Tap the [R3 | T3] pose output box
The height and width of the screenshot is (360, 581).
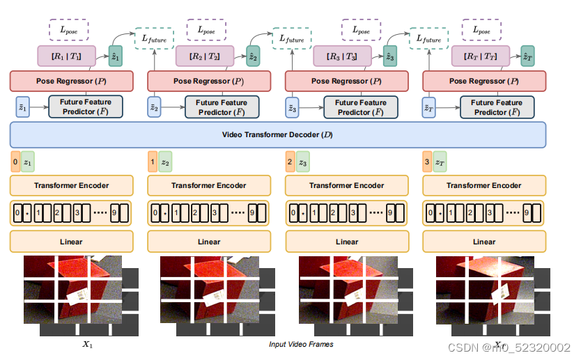pos(344,56)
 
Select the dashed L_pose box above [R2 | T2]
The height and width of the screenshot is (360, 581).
pos(207,30)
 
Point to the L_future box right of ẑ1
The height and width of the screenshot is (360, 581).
pos(155,40)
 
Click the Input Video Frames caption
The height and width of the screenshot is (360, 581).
pos(301,344)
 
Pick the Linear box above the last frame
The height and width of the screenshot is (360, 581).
pos(484,242)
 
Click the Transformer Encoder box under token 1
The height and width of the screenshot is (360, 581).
pos(209,185)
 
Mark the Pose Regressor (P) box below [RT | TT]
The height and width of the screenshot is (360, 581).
pos(484,81)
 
